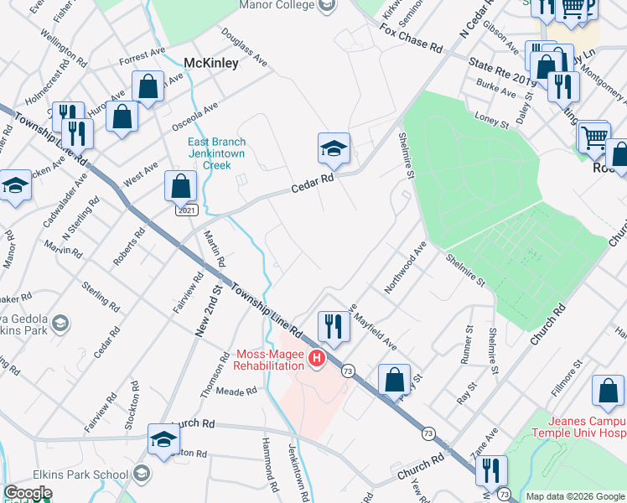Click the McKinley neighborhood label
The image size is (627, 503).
pyautogui.click(x=211, y=63)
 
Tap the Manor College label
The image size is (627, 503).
pyautogui.click(x=277, y=5)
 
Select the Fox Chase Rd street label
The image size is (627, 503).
pyautogui.click(x=411, y=39)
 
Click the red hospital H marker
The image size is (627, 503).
pyautogui.click(x=317, y=360)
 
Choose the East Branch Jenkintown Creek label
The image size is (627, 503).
pyautogui.click(x=216, y=153)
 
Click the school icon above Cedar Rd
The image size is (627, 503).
pyautogui.click(x=334, y=148)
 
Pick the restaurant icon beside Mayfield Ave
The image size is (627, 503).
pyautogui.click(x=334, y=327)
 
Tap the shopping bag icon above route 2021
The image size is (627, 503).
pyautogui.click(x=181, y=186)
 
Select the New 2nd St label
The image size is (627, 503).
pyautogui.click(x=209, y=310)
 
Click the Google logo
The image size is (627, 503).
pyautogui.click(x=28, y=493)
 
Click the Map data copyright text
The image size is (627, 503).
pyautogui.click(x=574, y=496)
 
